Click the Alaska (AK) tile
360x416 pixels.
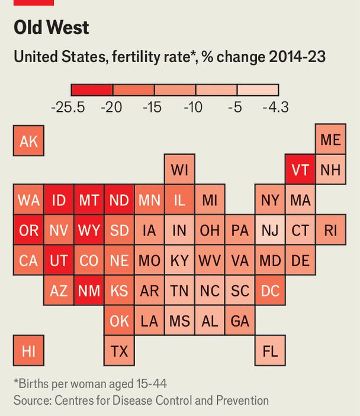(28, 140)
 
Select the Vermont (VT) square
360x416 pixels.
(300, 170)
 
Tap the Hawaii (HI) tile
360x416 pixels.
(28, 351)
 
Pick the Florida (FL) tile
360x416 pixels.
(270, 351)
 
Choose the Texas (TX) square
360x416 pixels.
(119, 351)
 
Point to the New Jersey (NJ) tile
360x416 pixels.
(270, 230)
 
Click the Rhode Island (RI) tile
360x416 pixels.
(330, 230)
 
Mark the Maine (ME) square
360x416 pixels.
(330, 140)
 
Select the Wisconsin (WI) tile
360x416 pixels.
(179, 170)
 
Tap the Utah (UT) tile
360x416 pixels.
(59, 260)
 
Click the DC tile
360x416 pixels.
(270, 291)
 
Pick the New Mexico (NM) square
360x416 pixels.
(89, 291)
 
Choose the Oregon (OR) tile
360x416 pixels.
(28, 230)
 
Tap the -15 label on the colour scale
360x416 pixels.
(153, 107)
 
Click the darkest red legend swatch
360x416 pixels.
(92, 89)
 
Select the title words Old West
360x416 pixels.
(51, 28)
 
